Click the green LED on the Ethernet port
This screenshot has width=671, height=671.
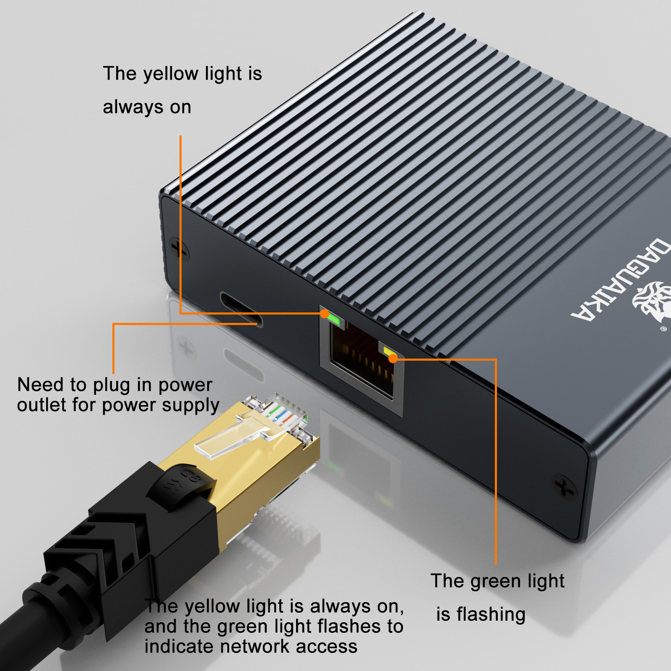coord(334,320)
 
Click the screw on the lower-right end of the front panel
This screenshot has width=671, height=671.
coord(564,486)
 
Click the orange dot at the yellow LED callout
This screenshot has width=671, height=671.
coord(325,313)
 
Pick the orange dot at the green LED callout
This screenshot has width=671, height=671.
coord(393,359)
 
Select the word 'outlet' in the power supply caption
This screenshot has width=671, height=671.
coord(41,405)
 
